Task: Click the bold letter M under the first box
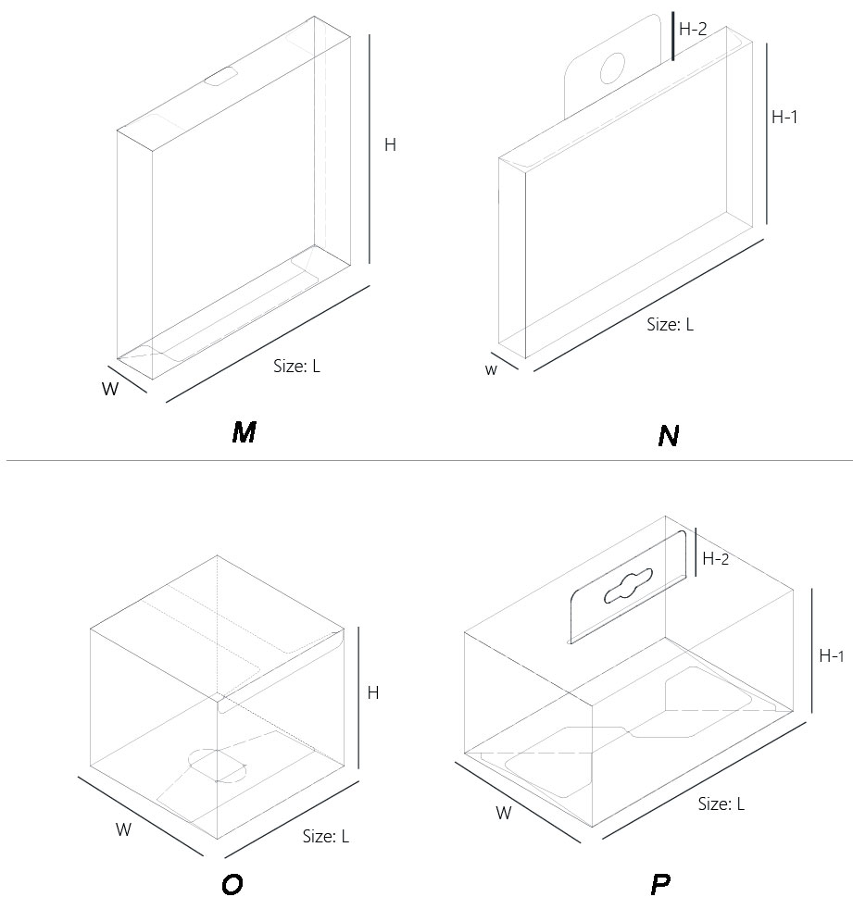click(244, 431)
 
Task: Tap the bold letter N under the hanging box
click(669, 435)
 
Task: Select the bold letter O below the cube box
click(232, 884)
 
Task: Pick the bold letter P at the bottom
click(660, 884)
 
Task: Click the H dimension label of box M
click(390, 145)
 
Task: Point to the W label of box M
click(110, 389)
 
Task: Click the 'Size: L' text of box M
click(296, 366)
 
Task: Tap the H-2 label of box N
click(693, 30)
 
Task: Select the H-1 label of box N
click(784, 117)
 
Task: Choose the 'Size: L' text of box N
click(670, 324)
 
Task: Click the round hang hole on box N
click(613, 68)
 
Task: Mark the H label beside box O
click(372, 692)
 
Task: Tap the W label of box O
click(123, 829)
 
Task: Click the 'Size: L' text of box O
click(326, 837)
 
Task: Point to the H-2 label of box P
click(716, 558)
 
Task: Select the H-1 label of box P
click(831, 655)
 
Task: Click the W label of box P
click(504, 814)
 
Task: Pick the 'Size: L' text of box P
click(721, 804)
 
